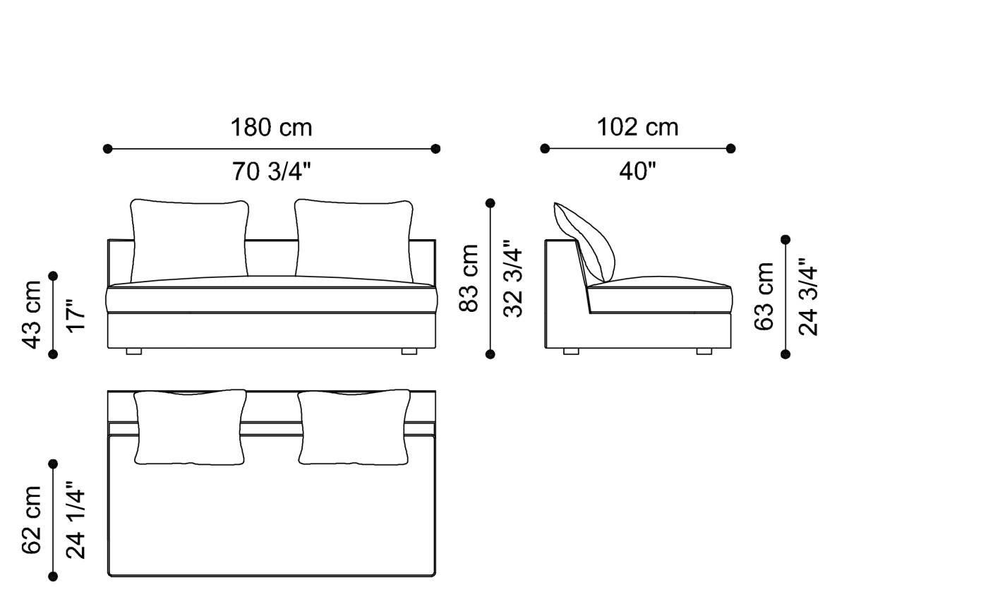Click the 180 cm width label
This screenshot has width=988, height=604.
271,128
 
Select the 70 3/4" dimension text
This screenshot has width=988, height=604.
271,171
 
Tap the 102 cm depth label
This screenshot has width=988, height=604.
637,128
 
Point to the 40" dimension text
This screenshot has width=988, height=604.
637,171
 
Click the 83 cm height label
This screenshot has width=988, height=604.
469,278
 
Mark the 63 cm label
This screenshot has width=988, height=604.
764,296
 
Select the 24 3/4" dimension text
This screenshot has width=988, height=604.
808,296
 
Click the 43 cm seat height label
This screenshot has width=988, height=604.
32,315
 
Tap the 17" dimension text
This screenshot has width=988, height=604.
76,315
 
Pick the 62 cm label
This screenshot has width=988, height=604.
32,520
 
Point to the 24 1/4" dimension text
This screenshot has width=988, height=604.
76,520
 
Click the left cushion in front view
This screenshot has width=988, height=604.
189,240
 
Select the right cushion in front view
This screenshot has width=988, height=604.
354,240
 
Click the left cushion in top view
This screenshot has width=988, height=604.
189,427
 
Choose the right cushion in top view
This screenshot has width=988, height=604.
354,427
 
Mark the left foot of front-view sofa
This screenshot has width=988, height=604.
134,351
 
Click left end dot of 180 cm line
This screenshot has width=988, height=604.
108,149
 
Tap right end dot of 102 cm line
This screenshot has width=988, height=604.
730,149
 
